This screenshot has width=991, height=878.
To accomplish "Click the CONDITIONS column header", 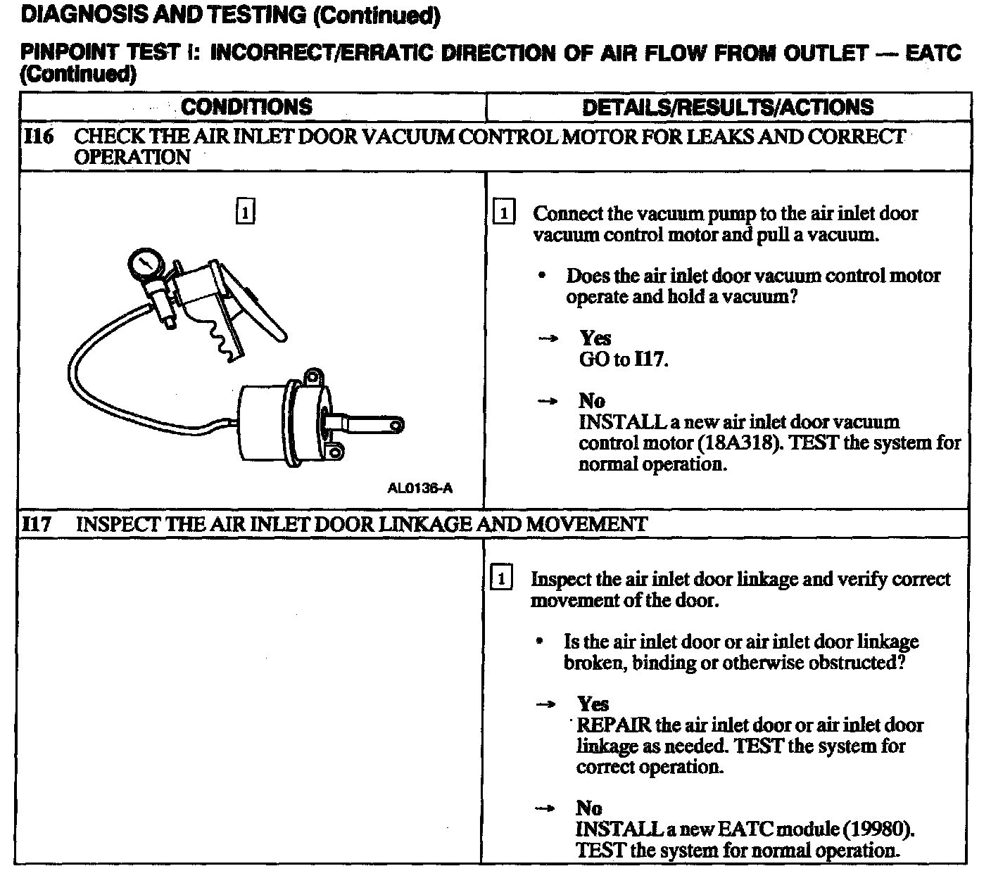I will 246,107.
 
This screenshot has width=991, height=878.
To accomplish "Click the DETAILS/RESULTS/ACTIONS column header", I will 728,107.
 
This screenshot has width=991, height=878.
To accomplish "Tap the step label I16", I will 38,136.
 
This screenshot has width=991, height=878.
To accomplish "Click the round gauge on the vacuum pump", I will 146,265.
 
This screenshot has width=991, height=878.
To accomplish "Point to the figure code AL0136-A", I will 419,488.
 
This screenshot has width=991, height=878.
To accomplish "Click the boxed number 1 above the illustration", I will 244,212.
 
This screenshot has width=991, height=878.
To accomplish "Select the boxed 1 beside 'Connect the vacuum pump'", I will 505,213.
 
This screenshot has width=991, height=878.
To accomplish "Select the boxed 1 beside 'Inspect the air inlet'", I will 501,579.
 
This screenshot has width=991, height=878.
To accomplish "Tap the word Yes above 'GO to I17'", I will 595,338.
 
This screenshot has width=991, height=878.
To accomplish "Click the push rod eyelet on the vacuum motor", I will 397,425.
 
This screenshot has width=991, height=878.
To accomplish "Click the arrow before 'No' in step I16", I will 547,402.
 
